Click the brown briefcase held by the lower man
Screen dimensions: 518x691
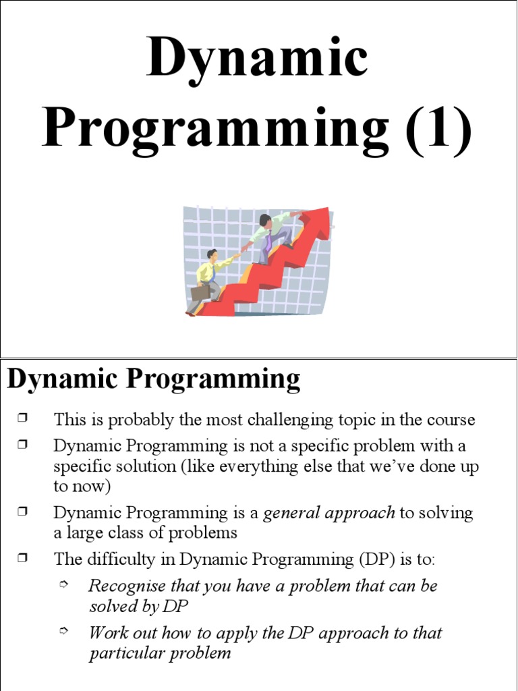tap(200, 293)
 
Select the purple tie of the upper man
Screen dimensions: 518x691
tap(268, 242)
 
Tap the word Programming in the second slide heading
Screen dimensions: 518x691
tap(213, 380)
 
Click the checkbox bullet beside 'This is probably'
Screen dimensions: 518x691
tap(23, 418)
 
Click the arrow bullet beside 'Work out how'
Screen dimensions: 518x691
tap(64, 631)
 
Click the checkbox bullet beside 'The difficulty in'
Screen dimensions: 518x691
tap(23, 558)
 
